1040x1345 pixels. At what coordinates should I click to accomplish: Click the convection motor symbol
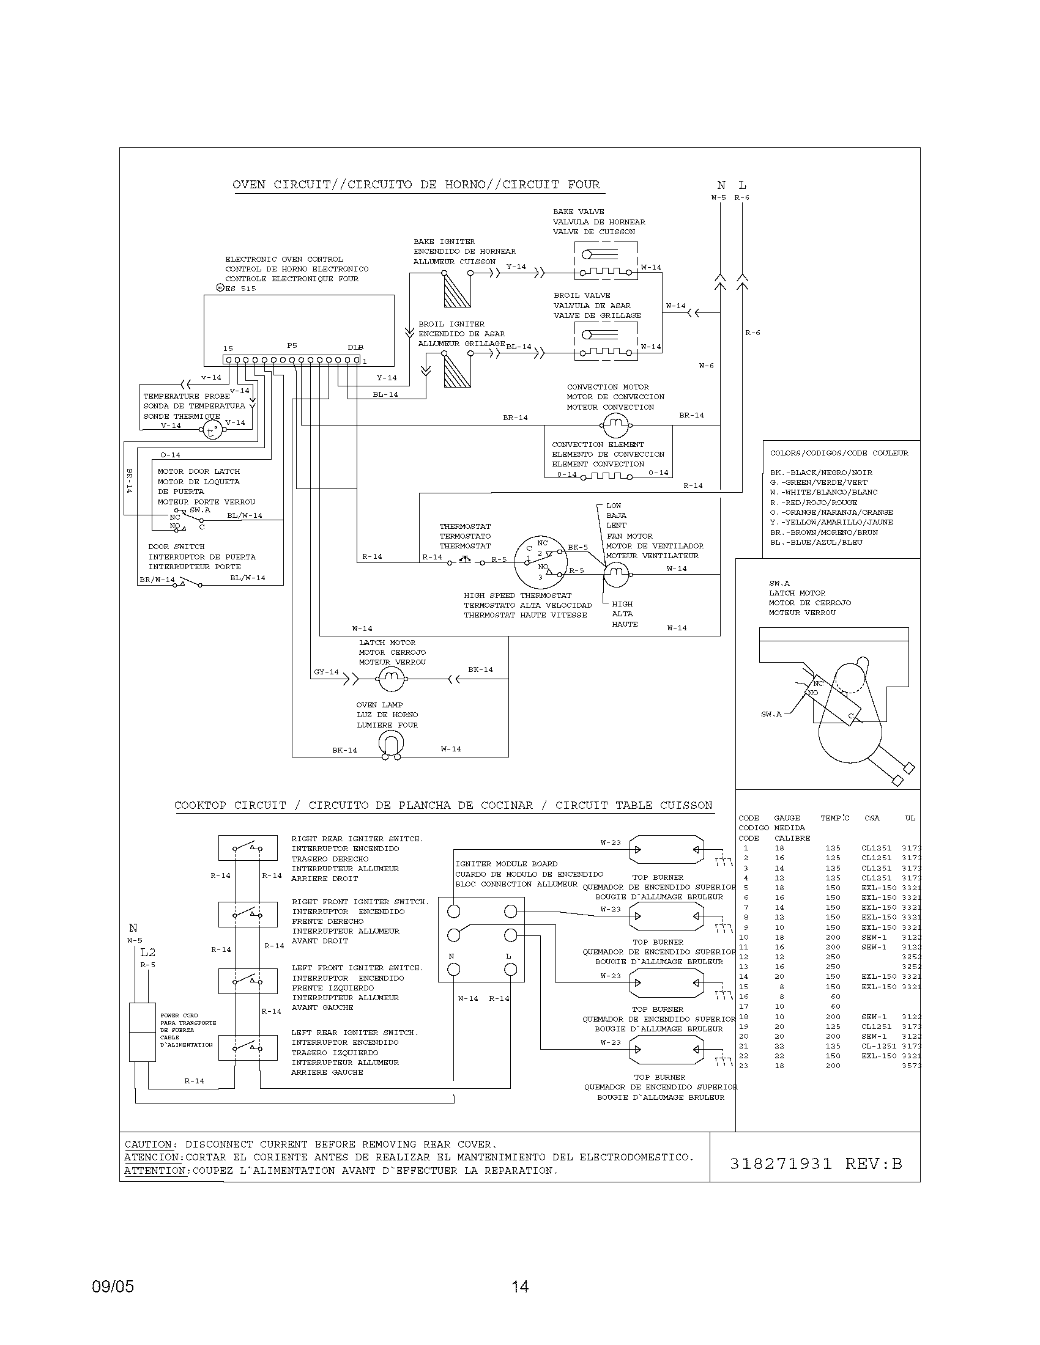pos(614,424)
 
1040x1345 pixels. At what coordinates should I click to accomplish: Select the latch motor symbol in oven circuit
pos(388,679)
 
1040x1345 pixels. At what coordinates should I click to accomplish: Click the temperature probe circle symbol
pos(212,430)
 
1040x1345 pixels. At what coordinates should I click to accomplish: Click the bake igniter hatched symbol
pos(457,290)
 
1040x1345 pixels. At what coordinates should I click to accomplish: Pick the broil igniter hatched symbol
pos(457,370)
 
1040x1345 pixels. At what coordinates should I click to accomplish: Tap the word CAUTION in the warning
pos(148,1144)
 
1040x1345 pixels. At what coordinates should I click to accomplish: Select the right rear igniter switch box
pos(247,849)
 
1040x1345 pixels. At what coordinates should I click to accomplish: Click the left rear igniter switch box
pos(247,1048)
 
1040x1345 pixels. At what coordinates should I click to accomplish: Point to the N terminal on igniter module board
pos(453,970)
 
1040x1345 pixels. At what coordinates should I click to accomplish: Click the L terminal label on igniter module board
pos(508,956)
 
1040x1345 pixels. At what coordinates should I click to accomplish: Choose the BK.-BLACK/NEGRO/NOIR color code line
pos(812,473)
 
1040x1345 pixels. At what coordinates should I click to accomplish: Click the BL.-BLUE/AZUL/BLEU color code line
pos(815,542)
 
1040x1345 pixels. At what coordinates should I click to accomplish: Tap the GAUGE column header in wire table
pos(787,818)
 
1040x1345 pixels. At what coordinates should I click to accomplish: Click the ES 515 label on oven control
pos(240,288)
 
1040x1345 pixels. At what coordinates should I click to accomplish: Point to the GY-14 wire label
pos(326,672)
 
